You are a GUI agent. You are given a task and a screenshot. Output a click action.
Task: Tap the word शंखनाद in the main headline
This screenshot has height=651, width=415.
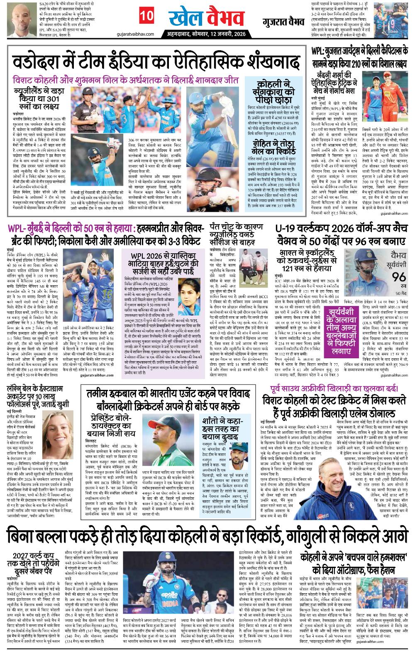[272, 64]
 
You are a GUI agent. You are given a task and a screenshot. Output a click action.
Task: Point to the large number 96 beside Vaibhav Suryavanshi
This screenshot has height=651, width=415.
[397, 277]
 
